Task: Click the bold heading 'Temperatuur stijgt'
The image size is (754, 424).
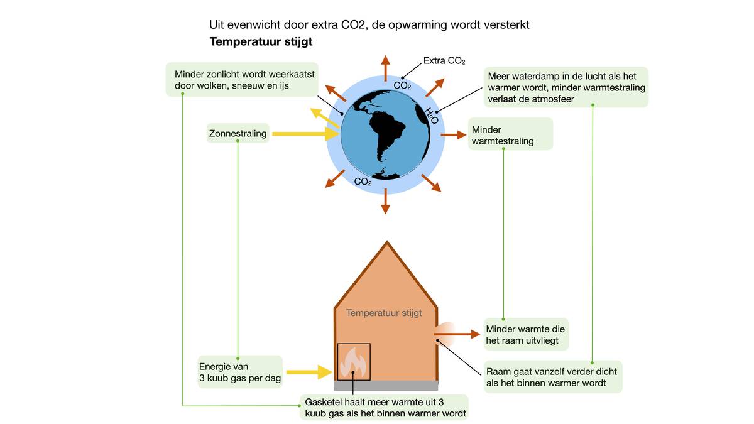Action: click(261, 42)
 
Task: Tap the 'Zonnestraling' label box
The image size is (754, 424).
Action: click(238, 133)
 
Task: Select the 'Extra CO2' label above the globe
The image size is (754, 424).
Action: click(444, 61)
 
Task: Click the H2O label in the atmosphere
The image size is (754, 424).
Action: click(430, 116)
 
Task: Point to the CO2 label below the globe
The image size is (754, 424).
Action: click(363, 182)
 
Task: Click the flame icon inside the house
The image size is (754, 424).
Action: click(353, 362)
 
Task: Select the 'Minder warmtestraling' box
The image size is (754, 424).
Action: click(510, 134)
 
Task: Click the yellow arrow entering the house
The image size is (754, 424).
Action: click(309, 372)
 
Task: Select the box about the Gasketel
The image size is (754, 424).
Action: click(385, 407)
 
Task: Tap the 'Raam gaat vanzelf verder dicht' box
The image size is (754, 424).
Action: click(552, 377)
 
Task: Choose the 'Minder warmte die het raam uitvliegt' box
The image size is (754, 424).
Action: click(526, 334)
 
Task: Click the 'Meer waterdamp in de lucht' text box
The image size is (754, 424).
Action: click(566, 87)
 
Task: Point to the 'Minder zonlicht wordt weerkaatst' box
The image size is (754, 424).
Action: click(246, 79)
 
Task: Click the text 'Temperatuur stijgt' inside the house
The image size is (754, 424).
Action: click(384, 312)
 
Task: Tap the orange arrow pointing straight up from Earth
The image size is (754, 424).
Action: click(385, 67)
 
